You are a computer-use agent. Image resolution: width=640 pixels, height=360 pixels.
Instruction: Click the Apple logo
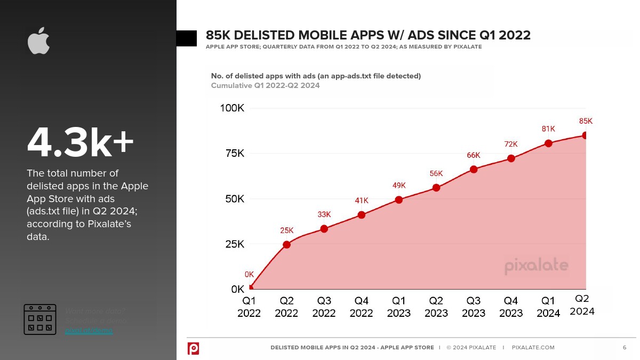click(39, 41)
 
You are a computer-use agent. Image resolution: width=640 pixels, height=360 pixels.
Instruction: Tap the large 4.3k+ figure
click(80, 143)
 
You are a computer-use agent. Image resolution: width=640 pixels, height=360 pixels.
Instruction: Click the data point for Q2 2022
click(286, 244)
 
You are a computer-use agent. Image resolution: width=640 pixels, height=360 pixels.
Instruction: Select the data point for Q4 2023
click(511, 158)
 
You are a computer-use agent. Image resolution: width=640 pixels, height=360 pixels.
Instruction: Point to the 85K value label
click(586, 121)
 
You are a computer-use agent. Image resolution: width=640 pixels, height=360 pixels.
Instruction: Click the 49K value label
click(399, 186)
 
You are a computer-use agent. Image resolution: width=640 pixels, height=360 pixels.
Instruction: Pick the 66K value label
click(474, 155)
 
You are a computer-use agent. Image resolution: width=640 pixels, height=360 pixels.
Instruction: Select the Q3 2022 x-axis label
click(324, 307)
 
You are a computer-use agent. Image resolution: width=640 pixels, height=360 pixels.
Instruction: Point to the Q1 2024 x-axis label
click(548, 307)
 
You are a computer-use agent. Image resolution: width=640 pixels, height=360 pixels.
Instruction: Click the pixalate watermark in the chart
click(537, 265)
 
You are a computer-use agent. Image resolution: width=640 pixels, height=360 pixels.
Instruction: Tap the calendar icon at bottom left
click(40, 319)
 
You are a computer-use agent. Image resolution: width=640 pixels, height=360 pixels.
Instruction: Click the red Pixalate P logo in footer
click(194, 348)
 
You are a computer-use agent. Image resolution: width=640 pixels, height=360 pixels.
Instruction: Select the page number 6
click(625, 348)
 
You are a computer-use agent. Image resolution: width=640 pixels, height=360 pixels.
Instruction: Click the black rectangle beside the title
click(186, 38)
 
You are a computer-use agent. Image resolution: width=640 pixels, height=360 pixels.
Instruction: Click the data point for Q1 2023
click(399, 199)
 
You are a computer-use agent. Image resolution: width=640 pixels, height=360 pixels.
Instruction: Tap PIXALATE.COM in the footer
click(533, 348)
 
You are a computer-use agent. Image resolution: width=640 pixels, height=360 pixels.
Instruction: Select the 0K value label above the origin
click(249, 274)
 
